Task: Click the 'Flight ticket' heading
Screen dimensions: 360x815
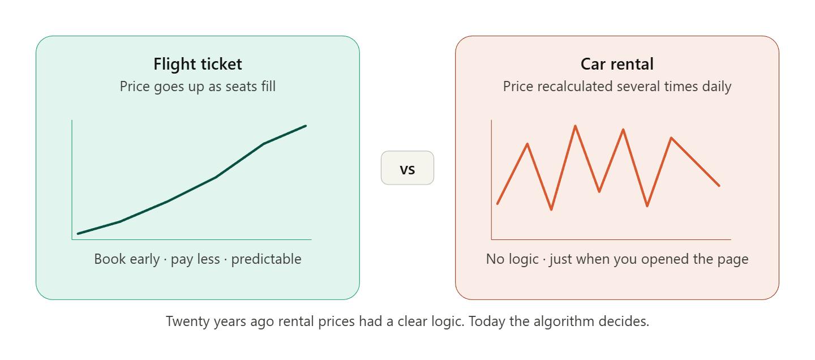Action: pos(198,65)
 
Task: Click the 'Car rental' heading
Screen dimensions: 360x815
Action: pos(617,65)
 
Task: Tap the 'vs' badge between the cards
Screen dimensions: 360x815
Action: pos(407,168)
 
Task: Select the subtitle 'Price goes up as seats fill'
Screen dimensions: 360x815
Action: pos(198,87)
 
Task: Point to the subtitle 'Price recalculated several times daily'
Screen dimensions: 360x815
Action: pos(617,87)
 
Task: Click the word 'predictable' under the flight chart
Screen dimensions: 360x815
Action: pos(266,259)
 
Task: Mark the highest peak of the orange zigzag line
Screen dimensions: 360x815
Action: pos(576,126)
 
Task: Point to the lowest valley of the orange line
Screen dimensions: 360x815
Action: pos(551,210)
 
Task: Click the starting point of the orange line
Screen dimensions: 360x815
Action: pos(497,203)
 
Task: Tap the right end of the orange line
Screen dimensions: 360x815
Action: pos(719,186)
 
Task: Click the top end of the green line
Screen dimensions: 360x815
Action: pos(306,126)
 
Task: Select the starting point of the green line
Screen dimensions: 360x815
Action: pos(78,233)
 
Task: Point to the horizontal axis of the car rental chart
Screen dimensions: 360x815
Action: pos(611,239)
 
